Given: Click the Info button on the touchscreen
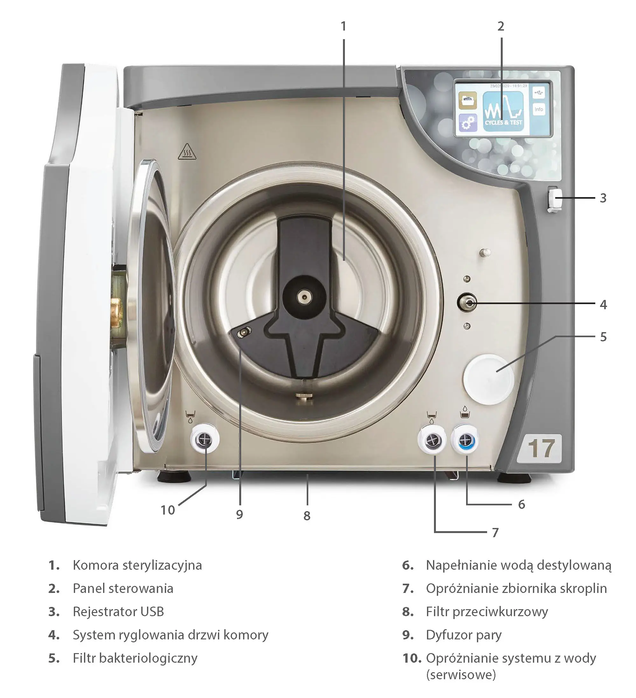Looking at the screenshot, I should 538,110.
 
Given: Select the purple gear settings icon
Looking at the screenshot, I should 467,123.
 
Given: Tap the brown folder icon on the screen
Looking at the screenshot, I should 467,100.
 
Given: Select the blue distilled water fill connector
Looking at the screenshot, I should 465,440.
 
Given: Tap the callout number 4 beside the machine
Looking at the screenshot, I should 603,305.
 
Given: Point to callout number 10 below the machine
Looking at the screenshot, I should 168,510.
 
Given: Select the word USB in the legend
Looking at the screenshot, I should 152,612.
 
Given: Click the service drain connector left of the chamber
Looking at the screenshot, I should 205,440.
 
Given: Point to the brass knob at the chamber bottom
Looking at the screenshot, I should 304,396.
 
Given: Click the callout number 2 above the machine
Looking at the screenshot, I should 501,26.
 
